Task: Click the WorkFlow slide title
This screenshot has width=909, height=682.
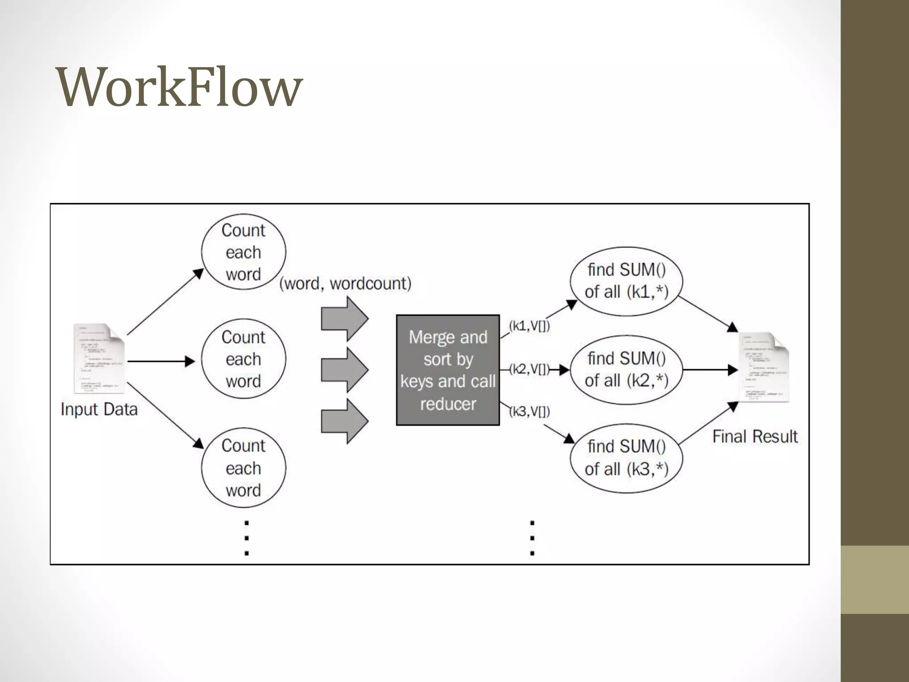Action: [x=179, y=87]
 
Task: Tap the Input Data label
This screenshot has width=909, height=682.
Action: [x=99, y=409]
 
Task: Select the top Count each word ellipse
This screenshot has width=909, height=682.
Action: [x=243, y=252]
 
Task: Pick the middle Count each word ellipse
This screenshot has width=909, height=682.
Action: [x=243, y=359]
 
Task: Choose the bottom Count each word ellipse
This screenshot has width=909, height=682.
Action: [x=243, y=468]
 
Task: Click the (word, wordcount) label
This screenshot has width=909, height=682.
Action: [x=345, y=284]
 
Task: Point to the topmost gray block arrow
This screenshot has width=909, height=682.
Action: [x=344, y=319]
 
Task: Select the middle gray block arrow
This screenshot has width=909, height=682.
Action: [x=344, y=369]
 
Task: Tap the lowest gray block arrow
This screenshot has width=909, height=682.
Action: [x=344, y=421]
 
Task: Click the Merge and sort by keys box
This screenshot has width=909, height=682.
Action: [x=448, y=370]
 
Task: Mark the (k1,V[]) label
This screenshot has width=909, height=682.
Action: [x=530, y=326]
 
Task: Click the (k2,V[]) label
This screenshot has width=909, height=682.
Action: [x=529, y=369]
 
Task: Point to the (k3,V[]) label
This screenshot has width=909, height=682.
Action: [x=530, y=412]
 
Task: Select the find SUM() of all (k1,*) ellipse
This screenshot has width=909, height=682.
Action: [x=626, y=281]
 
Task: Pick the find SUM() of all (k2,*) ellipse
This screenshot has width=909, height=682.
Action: [x=626, y=369]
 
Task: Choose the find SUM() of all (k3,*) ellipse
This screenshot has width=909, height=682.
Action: [x=626, y=458]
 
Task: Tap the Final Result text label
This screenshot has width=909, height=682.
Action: [x=755, y=437]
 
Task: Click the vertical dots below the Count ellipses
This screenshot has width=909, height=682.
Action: [x=247, y=538]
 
